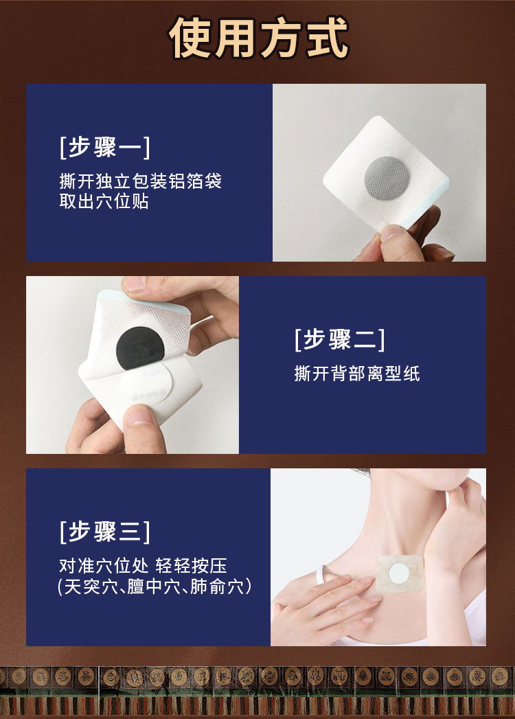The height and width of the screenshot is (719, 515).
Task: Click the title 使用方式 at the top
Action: (x=259, y=38)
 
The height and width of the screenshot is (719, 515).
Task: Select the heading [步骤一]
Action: (x=105, y=147)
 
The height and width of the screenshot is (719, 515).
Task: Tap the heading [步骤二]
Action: (x=340, y=339)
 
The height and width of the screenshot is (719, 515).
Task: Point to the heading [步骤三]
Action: (x=105, y=532)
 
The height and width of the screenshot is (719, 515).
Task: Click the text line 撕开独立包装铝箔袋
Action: (x=140, y=181)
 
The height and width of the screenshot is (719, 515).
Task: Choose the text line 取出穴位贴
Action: (x=104, y=201)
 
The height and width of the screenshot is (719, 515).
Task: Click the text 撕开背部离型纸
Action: (x=357, y=374)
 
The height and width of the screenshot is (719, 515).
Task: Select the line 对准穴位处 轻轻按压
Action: (x=143, y=566)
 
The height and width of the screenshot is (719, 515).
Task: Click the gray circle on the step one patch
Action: (x=387, y=178)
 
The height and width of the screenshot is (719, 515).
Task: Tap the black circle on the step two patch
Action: (x=140, y=348)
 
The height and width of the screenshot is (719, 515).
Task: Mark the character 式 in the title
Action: (x=328, y=38)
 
